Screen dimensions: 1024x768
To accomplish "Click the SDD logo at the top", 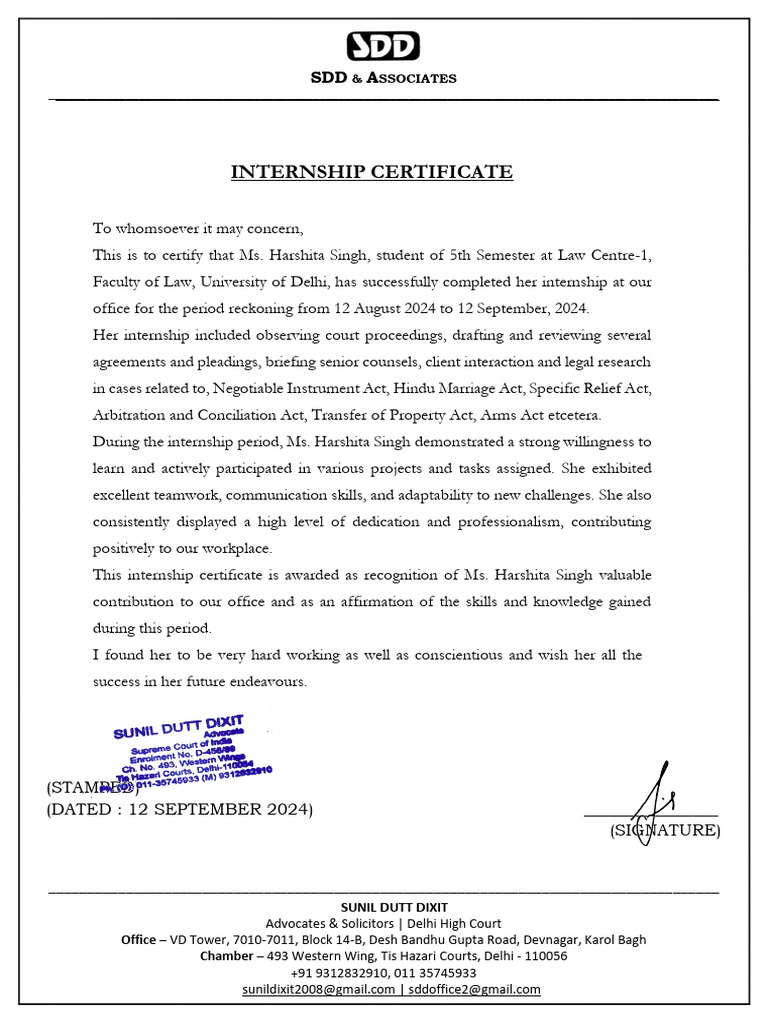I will pyautogui.click(x=383, y=46).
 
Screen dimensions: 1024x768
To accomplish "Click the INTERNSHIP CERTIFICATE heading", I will pyautogui.click(x=372, y=172).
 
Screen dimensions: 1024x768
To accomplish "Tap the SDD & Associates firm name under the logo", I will pyautogui.click(x=383, y=78).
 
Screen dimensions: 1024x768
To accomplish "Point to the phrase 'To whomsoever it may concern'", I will pyautogui.click(x=197, y=228).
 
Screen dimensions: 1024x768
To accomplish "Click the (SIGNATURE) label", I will pyautogui.click(x=665, y=830).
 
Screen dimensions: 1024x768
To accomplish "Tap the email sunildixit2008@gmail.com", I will pyautogui.click(x=318, y=989).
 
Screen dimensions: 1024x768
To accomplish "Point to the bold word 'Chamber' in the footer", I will pyautogui.click(x=226, y=956).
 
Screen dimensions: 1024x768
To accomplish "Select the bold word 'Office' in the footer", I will pyautogui.click(x=138, y=940).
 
